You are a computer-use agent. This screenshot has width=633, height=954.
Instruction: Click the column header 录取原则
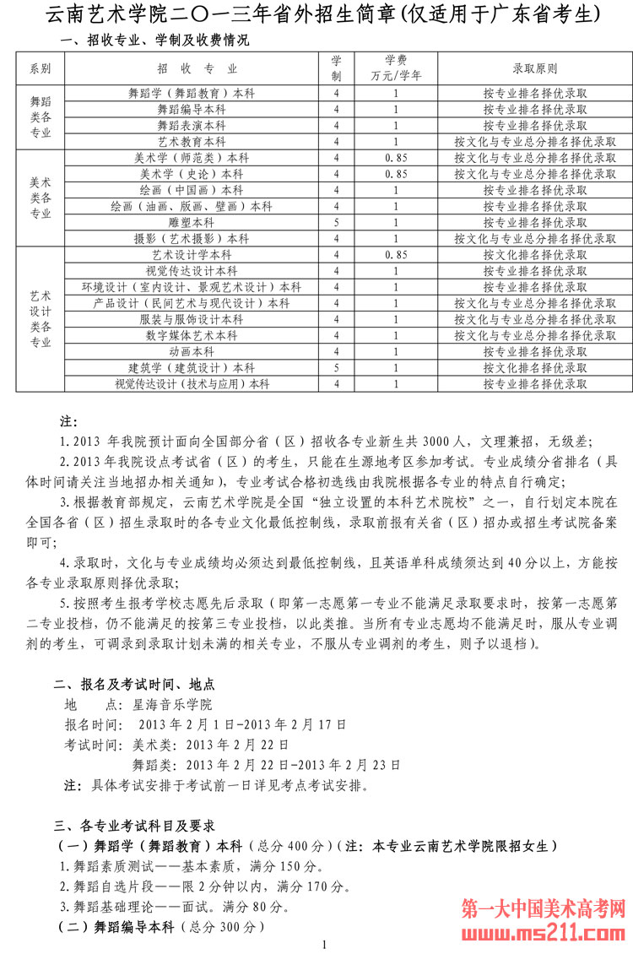click(534, 68)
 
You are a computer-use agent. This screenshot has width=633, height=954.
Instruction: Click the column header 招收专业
click(197, 68)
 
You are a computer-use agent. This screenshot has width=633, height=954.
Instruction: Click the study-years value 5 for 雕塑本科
click(336, 223)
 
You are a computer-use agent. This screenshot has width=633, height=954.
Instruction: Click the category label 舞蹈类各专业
click(40, 117)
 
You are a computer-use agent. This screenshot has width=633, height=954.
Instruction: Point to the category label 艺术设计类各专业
click(40, 319)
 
